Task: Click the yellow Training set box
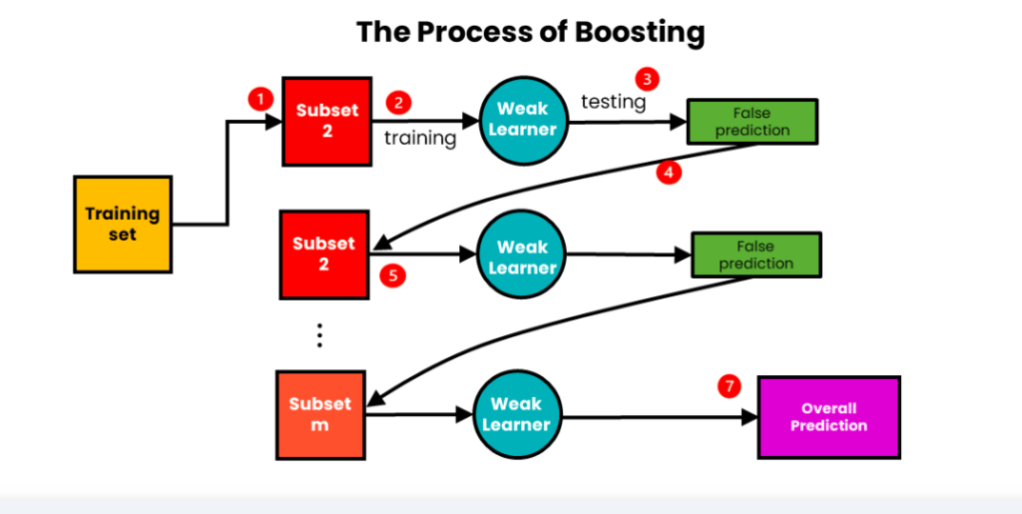click(x=123, y=225)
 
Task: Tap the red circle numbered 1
click(x=260, y=100)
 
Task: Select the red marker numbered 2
click(x=400, y=103)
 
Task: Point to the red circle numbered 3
click(x=648, y=79)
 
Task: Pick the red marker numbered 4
click(x=669, y=172)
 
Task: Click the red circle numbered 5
click(x=394, y=275)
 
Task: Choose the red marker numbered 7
click(x=730, y=387)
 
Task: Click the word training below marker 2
click(x=420, y=138)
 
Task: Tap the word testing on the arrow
click(x=614, y=101)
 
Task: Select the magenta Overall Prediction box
click(x=828, y=416)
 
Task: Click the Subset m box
click(x=319, y=414)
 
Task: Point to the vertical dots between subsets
click(x=319, y=334)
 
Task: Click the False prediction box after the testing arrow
click(x=752, y=122)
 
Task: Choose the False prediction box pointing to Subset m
click(x=756, y=255)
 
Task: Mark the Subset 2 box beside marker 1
click(x=326, y=121)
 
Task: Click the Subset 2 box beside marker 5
click(x=323, y=254)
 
